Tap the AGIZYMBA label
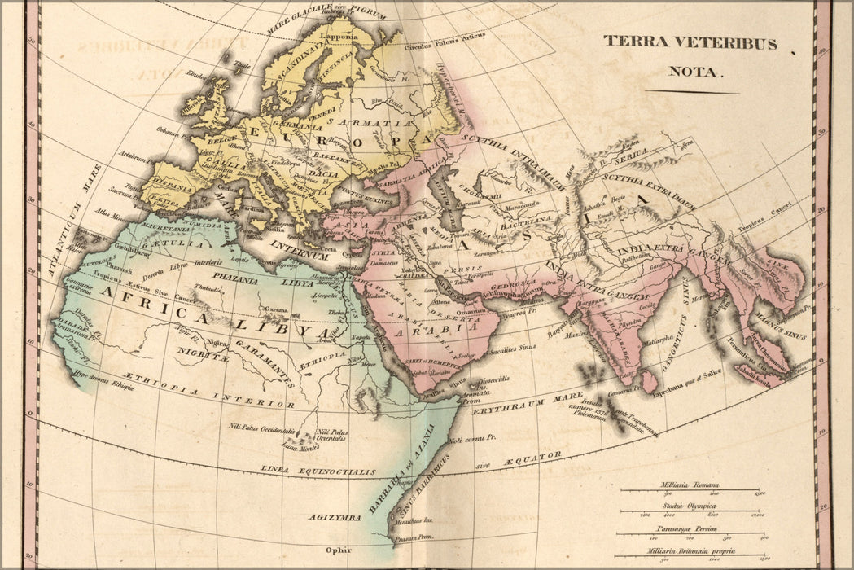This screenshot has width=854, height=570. [x=335, y=517]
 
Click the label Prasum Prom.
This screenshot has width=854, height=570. [x=414, y=538]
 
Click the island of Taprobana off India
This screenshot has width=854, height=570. [x=649, y=380]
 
